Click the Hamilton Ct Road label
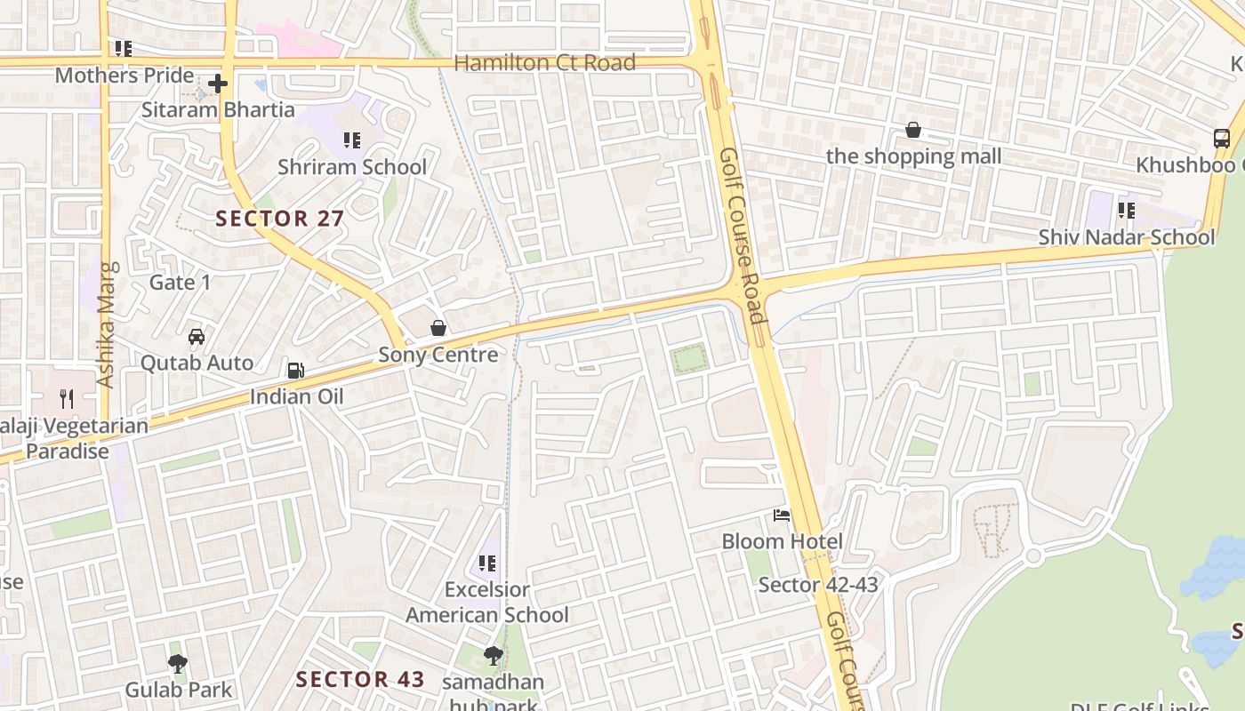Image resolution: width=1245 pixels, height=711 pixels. point(544,62)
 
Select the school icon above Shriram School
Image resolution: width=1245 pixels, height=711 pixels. point(352,140)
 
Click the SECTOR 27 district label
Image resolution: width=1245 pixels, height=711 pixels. point(279,218)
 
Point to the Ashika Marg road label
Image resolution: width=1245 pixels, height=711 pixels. point(107,324)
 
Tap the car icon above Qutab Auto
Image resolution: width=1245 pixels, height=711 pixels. point(197,337)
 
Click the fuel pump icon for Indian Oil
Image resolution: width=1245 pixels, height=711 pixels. point(295,370)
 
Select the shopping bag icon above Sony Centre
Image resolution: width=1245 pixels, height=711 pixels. point(438,329)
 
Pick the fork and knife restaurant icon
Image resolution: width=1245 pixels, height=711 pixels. point(67,398)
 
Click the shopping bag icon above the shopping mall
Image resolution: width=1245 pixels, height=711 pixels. point(913,131)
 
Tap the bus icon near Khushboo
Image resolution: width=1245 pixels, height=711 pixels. point(1222,139)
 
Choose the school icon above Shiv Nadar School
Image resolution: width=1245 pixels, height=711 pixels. point(1127,211)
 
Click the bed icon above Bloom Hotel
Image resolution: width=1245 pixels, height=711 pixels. point(782,515)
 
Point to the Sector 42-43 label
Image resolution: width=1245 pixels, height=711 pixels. point(817,585)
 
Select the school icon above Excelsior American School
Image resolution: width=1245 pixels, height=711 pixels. point(487,563)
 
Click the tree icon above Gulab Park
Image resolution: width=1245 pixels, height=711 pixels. point(178,663)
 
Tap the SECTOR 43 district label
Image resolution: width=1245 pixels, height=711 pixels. point(360,679)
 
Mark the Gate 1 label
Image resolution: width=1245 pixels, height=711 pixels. point(181,283)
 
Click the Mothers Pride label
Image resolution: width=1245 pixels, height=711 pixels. point(124,76)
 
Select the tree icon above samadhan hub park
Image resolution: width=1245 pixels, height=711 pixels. point(493,656)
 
